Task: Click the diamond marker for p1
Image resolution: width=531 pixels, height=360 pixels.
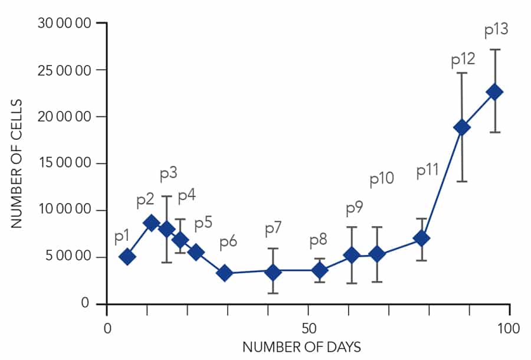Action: [127, 257]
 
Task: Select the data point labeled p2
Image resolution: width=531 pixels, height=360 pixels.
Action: [151, 223]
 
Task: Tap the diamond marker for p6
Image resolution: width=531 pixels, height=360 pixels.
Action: [224, 273]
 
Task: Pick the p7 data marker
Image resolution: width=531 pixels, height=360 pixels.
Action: [273, 272]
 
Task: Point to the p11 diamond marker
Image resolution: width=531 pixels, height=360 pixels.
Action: [421, 238]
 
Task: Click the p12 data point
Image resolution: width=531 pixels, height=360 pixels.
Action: [463, 127]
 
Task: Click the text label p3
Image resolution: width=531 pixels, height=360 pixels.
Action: [169, 175]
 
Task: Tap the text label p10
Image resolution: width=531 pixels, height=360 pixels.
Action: [382, 179]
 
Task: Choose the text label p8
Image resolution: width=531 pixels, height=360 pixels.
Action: [318, 240]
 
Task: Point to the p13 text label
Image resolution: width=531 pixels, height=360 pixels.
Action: [496, 30]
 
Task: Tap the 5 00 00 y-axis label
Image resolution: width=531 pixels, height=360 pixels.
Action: [74, 257]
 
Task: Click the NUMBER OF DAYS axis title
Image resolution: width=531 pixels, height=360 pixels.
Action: [301, 346]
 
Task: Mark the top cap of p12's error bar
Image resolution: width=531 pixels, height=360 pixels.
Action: [463, 73]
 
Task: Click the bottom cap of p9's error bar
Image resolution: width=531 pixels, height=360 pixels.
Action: [352, 283]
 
